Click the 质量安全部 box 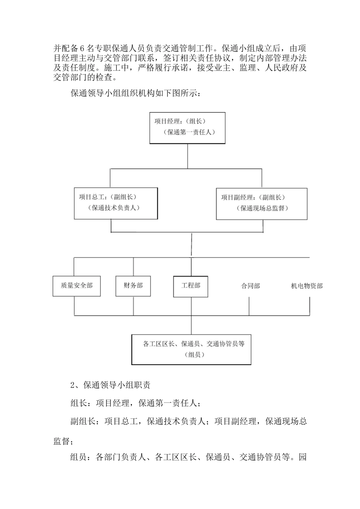(77, 286)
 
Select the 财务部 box (133, 286)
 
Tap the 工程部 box (191, 286)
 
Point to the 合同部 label (250, 286)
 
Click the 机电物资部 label (307, 286)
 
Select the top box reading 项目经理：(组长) (187, 128)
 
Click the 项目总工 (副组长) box (116, 203)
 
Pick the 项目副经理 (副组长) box (261, 203)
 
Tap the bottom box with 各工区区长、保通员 (191, 349)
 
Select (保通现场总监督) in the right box (262, 208)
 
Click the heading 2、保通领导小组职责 (110, 385)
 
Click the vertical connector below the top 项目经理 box (188, 156)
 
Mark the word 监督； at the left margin (63, 441)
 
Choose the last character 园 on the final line (303, 457)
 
